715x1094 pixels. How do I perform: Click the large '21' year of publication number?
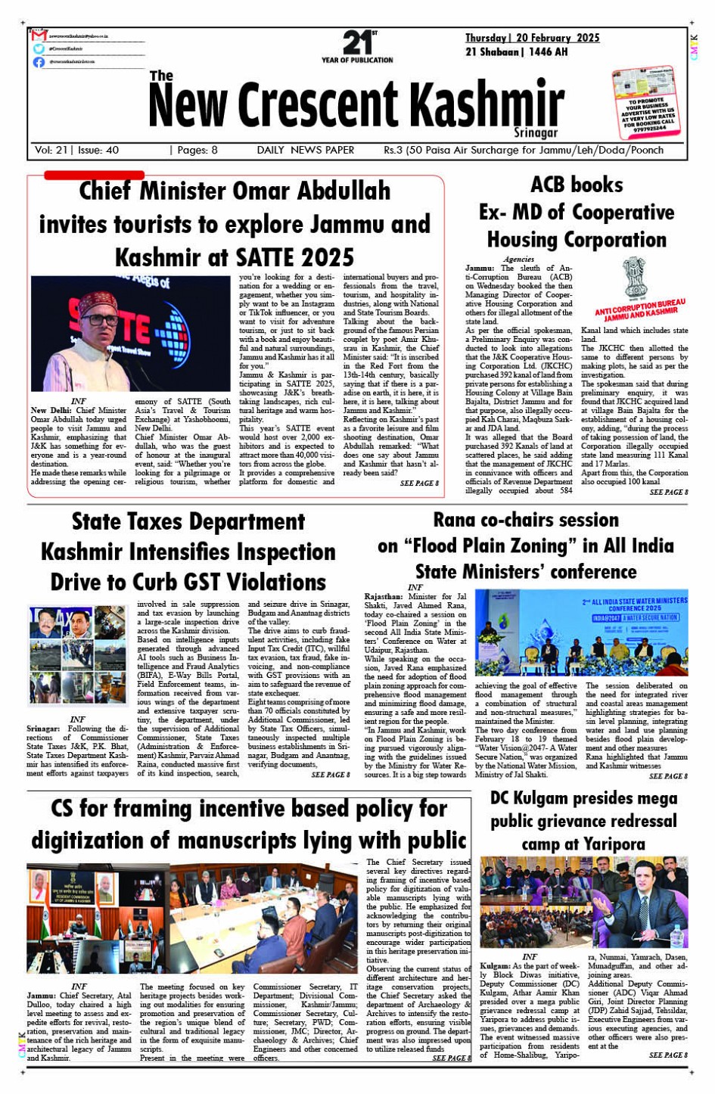point(355,42)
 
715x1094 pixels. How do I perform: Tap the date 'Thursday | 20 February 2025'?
point(532,38)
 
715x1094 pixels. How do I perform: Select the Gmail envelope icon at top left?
point(39,36)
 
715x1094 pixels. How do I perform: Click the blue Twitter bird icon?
point(39,49)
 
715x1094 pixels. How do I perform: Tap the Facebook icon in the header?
point(39,62)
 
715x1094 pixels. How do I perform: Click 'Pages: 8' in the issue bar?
point(196,151)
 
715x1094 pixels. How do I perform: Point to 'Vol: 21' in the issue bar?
point(51,151)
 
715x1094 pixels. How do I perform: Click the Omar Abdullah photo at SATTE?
point(130,334)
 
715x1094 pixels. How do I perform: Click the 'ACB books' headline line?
point(577,185)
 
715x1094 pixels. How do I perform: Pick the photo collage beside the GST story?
point(78,657)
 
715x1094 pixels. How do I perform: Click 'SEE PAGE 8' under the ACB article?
point(668,493)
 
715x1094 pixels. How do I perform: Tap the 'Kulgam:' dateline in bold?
point(495,966)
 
